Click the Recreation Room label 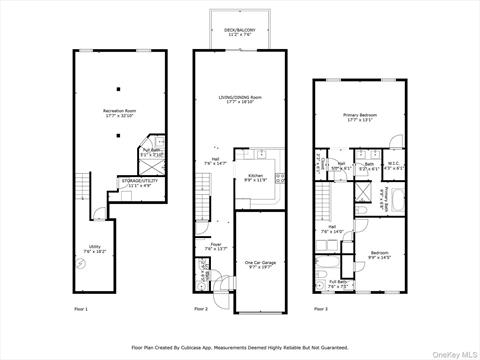(x=120, y=113)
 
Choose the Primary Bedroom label (x=358, y=118)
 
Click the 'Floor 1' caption (x=81, y=309)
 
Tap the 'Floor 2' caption (x=201, y=309)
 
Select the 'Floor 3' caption (x=320, y=309)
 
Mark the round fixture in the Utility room (x=80, y=265)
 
